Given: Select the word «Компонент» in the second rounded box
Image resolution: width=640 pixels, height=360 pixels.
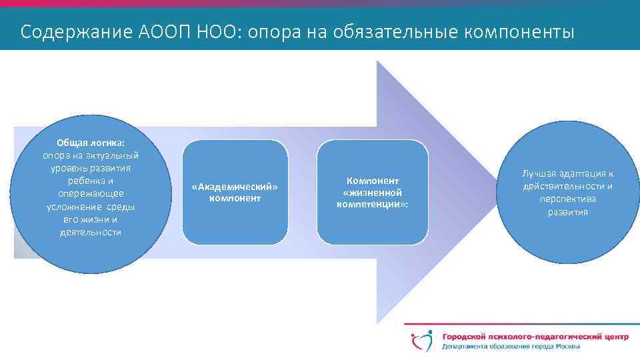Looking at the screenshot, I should (x=372, y=181).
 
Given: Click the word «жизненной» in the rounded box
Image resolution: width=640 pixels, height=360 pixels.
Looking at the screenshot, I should (x=372, y=192).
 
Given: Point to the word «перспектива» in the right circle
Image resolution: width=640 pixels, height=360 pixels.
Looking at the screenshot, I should (x=568, y=199).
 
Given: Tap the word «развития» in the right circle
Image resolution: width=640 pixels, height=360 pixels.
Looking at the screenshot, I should (x=568, y=212).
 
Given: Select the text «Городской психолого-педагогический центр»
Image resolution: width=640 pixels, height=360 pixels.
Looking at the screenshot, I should (x=534, y=337).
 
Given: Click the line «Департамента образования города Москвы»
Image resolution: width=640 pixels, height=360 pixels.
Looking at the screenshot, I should (x=510, y=347).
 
